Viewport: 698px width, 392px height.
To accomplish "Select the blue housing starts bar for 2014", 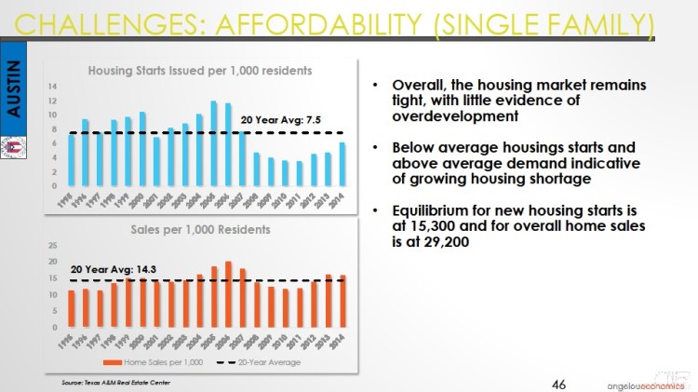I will pos(342,163).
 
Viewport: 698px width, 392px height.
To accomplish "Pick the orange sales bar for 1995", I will pos(72,310).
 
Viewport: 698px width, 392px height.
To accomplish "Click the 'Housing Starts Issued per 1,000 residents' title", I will pos(199,70).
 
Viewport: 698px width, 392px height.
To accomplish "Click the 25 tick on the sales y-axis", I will pos(53,246).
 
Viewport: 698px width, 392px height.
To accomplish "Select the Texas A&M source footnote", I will pos(110,382).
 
